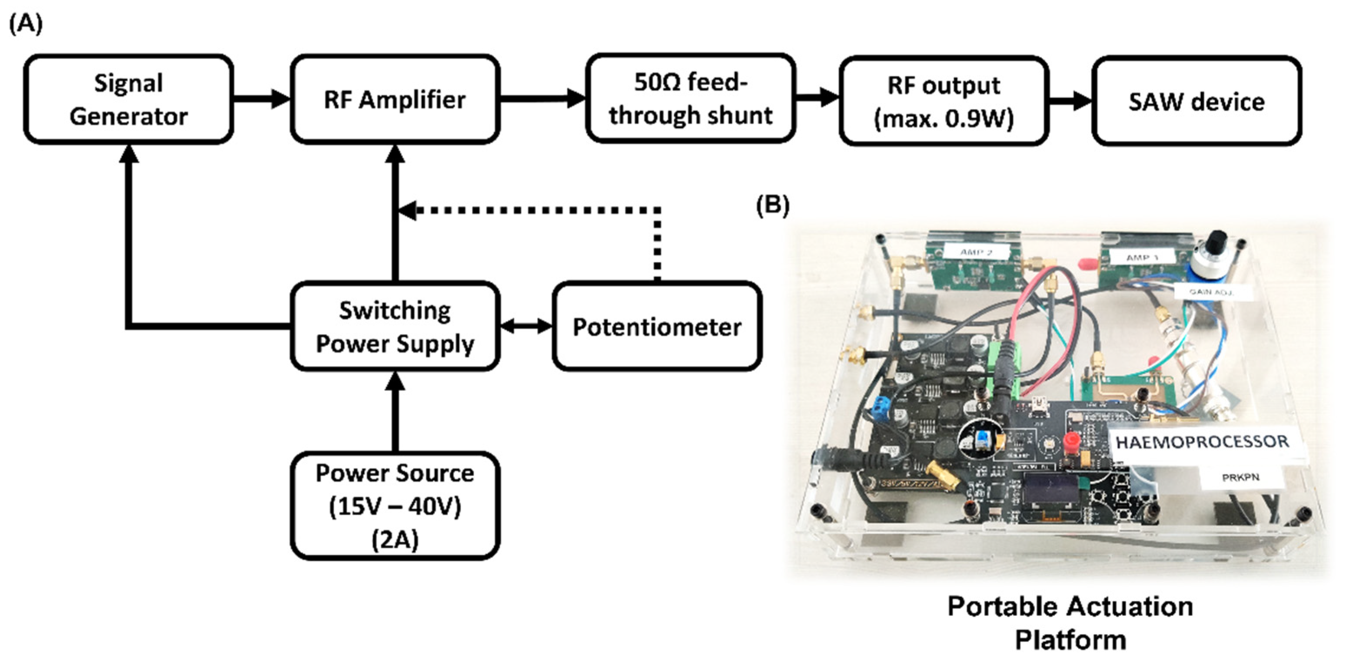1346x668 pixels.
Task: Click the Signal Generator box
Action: (x=129, y=99)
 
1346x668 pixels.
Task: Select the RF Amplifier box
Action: (x=395, y=99)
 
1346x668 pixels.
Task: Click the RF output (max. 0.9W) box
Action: (x=944, y=101)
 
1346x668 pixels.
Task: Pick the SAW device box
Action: (x=1196, y=101)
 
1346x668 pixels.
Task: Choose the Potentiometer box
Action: (x=657, y=327)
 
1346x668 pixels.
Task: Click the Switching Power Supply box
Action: (x=395, y=327)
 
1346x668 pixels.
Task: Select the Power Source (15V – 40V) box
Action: (x=395, y=506)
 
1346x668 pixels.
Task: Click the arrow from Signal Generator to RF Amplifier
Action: (x=262, y=99)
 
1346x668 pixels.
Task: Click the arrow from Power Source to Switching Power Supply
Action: (x=395, y=413)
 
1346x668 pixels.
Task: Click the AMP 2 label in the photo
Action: (x=976, y=252)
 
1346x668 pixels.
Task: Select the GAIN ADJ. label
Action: (x=1211, y=292)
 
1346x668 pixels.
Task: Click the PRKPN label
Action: (x=1240, y=477)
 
